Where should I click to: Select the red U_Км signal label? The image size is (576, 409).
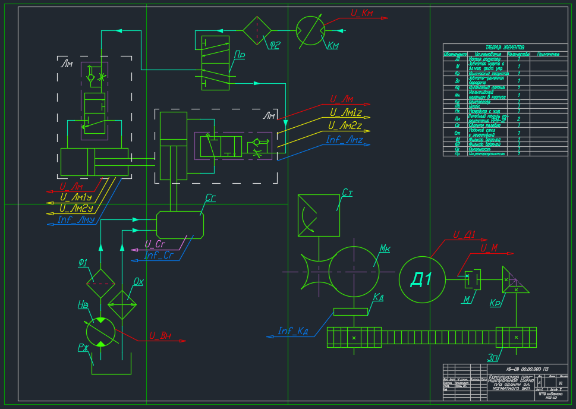click(x=361, y=12)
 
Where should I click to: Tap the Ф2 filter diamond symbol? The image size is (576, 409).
click(x=257, y=27)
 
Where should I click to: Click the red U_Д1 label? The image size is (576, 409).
click(x=464, y=234)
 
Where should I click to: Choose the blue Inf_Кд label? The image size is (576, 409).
click(x=293, y=331)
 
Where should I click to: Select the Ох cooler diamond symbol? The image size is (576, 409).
click(x=122, y=304)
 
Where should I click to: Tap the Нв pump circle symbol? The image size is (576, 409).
click(x=100, y=331)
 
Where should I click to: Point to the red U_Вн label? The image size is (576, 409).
click(x=160, y=335)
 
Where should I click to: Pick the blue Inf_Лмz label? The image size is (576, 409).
click(x=345, y=140)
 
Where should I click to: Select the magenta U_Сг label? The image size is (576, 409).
click(x=155, y=244)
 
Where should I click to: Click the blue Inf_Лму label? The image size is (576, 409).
click(x=77, y=219)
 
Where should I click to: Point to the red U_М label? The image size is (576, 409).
click(x=489, y=247)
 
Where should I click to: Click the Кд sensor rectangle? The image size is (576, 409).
click(x=350, y=312)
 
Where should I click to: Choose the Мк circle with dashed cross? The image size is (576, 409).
click(x=354, y=270)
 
